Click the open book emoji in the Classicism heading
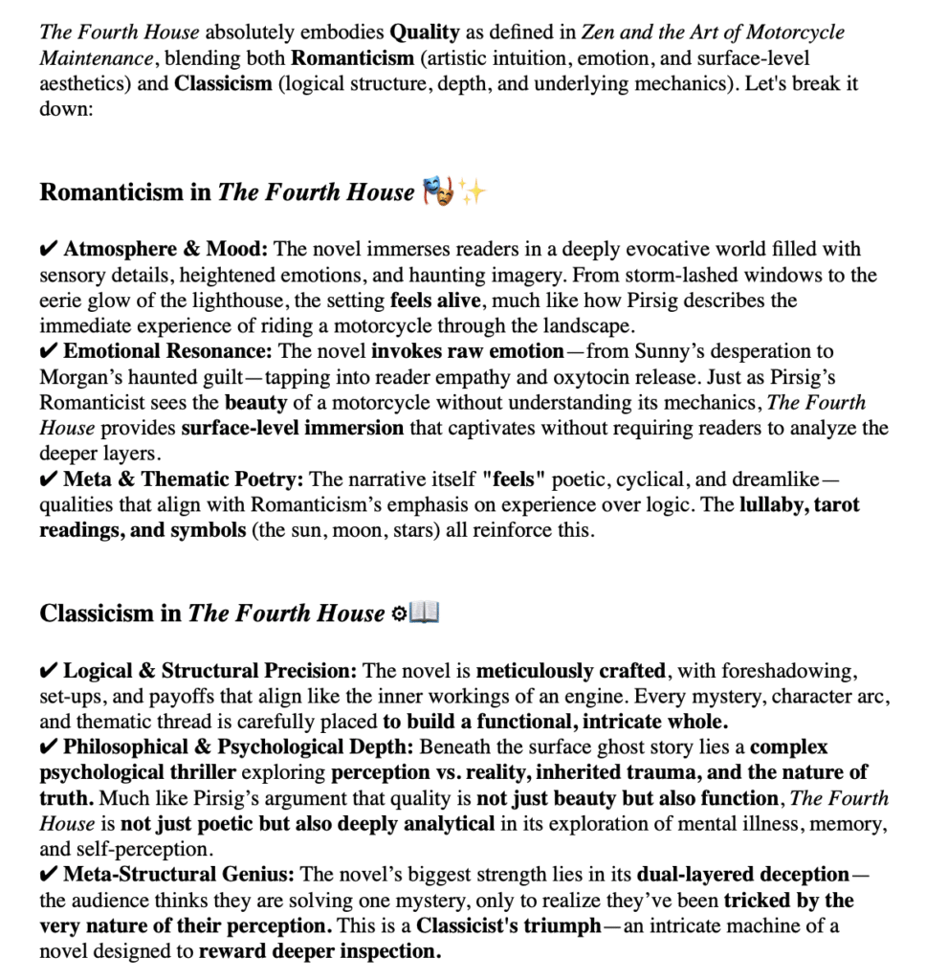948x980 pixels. tap(423, 612)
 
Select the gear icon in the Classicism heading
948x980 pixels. tap(400, 613)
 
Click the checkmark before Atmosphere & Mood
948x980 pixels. tap(49, 250)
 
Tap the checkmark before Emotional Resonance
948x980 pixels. tap(49, 351)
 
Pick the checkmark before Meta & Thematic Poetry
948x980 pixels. tap(49, 479)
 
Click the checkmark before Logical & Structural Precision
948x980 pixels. tap(49, 671)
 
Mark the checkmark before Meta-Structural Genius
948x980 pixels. tap(49, 875)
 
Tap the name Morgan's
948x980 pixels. tap(77, 377)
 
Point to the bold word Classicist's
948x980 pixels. tap(468, 926)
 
